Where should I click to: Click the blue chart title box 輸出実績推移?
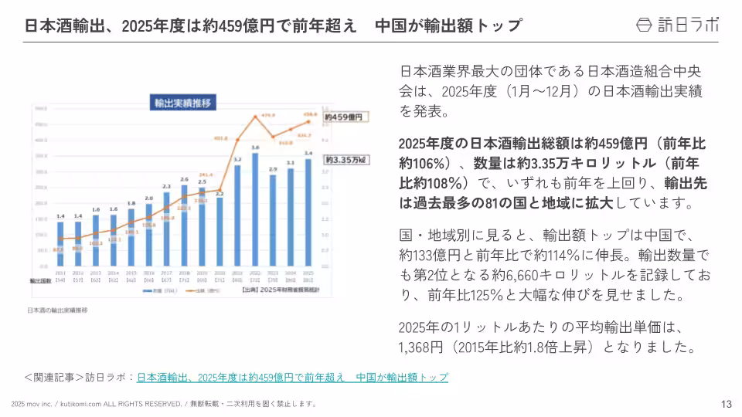click(183, 102)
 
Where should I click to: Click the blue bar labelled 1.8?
click(131, 240)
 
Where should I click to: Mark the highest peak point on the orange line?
click(254, 117)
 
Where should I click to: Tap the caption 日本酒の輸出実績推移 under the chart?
click(58, 310)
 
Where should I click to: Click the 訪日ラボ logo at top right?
click(676, 25)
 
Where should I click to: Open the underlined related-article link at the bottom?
click(292, 377)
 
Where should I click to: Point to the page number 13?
click(726, 404)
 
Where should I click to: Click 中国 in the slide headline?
click(390, 25)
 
